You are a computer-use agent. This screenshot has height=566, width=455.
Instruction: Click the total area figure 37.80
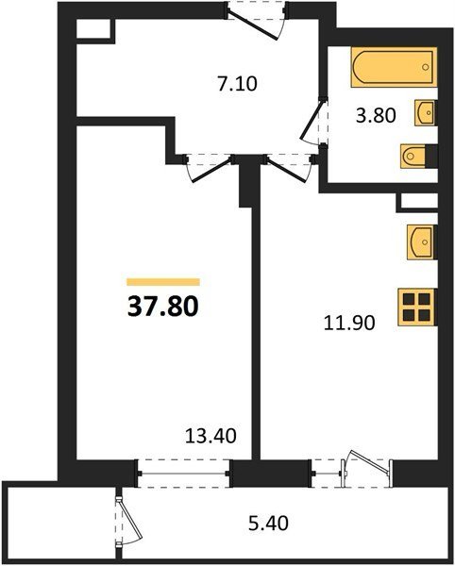click(163, 307)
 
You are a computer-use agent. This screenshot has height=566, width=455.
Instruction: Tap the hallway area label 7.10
click(238, 84)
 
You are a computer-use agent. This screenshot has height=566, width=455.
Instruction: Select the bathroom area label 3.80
click(376, 116)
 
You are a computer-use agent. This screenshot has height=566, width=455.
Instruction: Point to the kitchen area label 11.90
click(349, 323)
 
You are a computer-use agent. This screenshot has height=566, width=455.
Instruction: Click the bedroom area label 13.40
click(211, 436)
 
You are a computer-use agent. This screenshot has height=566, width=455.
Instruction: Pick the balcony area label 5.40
click(269, 524)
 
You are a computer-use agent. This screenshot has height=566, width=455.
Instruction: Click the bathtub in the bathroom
click(394, 67)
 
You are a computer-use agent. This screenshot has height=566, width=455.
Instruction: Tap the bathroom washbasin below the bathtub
click(425, 113)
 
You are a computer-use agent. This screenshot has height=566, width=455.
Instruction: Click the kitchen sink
click(421, 241)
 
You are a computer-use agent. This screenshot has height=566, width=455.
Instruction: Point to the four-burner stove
click(417, 308)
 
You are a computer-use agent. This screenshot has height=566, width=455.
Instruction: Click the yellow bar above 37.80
click(163, 282)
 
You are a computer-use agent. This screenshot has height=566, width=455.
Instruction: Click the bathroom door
click(313, 122)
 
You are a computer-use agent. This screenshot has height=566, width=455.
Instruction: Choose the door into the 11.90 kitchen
click(288, 168)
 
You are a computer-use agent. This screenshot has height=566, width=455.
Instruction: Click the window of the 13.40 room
click(183, 474)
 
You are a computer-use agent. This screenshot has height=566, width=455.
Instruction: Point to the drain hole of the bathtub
click(426, 67)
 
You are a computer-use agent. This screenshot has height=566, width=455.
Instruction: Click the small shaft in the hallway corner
click(93, 29)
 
